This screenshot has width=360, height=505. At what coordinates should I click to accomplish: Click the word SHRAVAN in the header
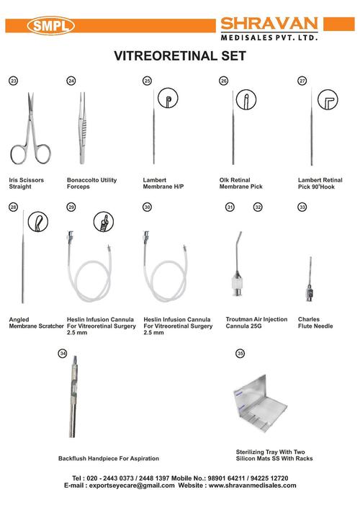277,21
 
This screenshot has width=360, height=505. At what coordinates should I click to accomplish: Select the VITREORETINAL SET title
180,55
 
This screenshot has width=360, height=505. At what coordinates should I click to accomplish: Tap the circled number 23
12,81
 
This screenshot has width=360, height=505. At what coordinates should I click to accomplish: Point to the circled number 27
302,81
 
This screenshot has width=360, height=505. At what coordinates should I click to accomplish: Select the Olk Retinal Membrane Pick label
238,183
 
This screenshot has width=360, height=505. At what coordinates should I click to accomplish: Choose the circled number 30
148,207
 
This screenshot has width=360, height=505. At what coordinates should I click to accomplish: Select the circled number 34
63,353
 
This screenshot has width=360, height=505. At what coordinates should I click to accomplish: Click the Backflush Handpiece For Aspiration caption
109,458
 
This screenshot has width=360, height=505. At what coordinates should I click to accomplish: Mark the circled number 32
257,207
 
